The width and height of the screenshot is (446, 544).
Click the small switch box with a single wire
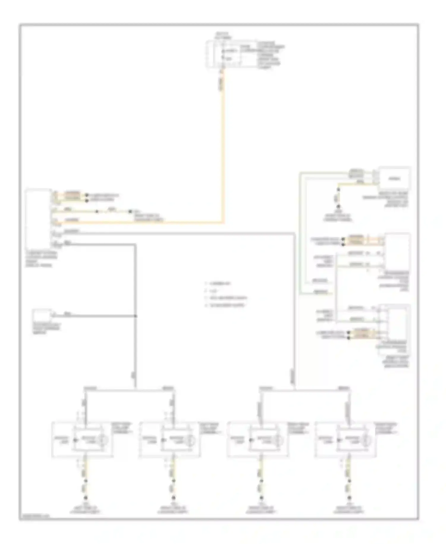(42, 316)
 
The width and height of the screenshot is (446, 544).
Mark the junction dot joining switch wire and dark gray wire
(136, 316)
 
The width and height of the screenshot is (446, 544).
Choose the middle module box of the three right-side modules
(398, 251)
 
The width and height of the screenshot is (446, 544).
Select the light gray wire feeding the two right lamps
(294, 327)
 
